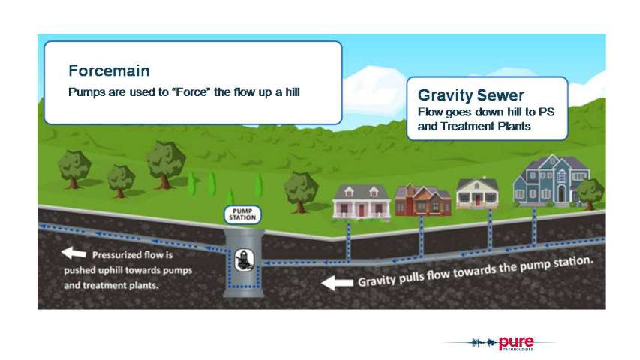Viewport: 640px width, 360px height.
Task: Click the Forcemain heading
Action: coord(109,70)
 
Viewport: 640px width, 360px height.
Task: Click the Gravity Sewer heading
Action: coord(471,95)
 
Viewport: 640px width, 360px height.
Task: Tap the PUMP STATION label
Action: coord(242,214)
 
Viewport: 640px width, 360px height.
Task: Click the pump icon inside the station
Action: coord(244,260)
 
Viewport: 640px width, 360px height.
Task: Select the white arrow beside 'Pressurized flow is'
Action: coord(74,253)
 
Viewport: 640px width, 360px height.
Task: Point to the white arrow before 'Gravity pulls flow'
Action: coord(337,282)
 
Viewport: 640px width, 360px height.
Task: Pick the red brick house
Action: coord(423,200)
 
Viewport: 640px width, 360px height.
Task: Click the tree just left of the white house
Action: coord(301,193)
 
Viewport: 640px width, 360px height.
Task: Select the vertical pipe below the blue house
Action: coord(534,226)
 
